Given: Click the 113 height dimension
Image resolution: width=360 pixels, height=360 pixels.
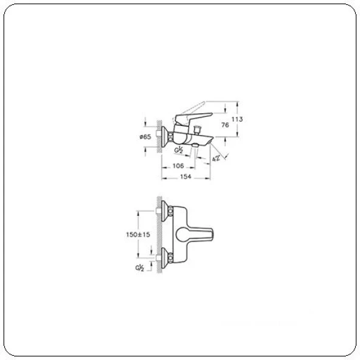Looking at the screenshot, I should click(x=238, y=120).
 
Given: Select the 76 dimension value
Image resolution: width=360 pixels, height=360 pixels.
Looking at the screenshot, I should click(x=225, y=125).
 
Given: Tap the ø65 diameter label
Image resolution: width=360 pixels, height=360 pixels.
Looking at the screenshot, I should click(x=145, y=137).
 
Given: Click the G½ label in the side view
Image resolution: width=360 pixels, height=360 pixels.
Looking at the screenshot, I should click(x=179, y=149).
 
